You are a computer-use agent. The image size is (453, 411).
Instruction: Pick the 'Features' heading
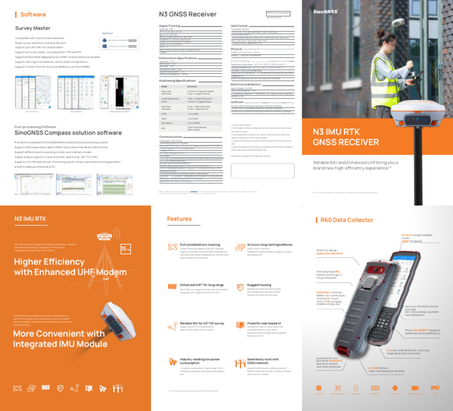pyautogui.click(x=179, y=219)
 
